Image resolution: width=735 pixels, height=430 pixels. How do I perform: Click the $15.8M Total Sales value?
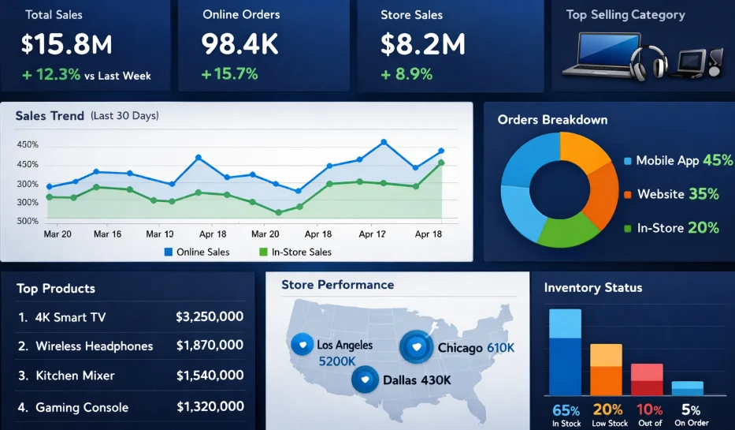click(67, 45)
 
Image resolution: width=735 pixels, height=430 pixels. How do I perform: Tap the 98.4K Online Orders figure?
click(239, 45)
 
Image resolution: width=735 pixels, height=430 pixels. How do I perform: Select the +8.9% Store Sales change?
click(406, 74)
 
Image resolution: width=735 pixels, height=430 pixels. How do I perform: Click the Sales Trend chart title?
click(50, 116)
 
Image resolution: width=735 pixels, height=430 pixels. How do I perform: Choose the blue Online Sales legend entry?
click(197, 252)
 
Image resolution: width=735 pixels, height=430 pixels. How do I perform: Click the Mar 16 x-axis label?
click(107, 234)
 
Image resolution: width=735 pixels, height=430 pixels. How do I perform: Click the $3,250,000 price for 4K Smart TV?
click(210, 317)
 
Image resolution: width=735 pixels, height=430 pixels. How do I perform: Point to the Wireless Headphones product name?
click(94, 346)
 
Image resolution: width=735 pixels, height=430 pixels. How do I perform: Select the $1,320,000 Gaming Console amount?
click(210, 407)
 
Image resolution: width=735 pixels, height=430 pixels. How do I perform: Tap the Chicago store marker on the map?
click(415, 347)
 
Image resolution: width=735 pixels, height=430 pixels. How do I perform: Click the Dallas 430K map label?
click(417, 380)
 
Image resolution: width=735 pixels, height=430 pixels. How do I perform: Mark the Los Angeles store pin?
click(303, 344)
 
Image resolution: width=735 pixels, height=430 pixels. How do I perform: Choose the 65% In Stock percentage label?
click(566, 410)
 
